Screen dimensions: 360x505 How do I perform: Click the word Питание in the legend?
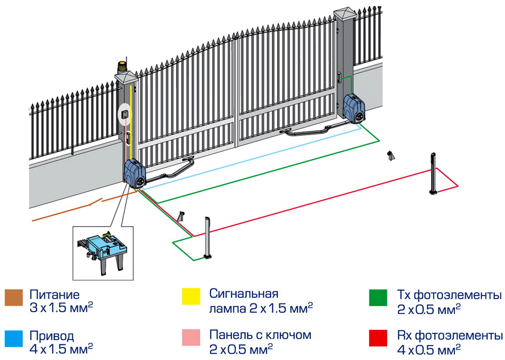point(54,295)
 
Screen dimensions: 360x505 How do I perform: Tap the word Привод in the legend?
point(52,336)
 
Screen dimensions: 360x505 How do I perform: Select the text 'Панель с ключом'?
point(260,335)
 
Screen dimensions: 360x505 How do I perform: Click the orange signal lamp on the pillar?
point(123,68)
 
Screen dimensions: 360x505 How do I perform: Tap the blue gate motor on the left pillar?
point(135,173)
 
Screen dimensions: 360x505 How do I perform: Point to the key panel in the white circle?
point(125,113)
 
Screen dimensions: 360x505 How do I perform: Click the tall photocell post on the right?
point(433,174)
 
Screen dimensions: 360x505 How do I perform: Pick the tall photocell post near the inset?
point(208,237)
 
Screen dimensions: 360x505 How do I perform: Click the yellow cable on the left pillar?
point(131,118)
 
